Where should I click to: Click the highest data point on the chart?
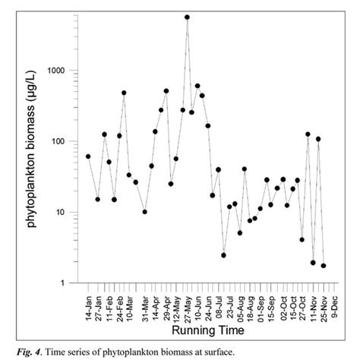[187, 17]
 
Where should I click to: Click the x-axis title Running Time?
[207, 331]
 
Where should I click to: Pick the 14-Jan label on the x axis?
[89, 305]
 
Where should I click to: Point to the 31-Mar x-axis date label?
[145, 304]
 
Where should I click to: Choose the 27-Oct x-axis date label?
[302, 304]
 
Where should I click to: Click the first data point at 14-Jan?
[88, 156]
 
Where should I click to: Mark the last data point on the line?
[324, 266]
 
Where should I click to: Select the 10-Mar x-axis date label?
[134, 304]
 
